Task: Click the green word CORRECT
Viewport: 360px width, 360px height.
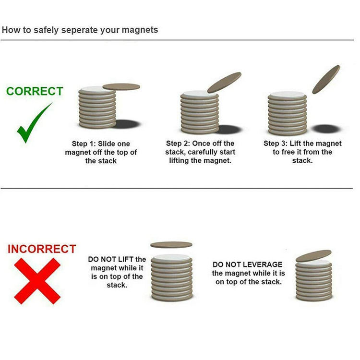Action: [35, 91]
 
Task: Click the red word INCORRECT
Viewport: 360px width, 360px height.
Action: [42, 249]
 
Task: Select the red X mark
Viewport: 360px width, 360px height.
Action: [37, 281]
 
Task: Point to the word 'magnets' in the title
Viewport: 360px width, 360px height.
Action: [140, 30]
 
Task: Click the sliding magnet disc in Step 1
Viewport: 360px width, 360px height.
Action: [121, 87]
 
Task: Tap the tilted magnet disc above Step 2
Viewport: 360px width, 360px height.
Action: [224, 83]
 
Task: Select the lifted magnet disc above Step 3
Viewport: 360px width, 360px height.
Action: [326, 79]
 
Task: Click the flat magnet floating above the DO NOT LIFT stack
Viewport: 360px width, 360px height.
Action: [171, 245]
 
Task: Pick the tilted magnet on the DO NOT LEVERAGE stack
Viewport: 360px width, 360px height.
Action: [313, 256]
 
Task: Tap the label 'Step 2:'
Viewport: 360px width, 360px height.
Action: [178, 144]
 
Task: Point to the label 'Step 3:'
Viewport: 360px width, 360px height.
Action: [276, 144]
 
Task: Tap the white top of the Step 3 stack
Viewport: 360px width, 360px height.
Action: [287, 95]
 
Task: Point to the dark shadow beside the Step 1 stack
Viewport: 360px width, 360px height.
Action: [127, 124]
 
